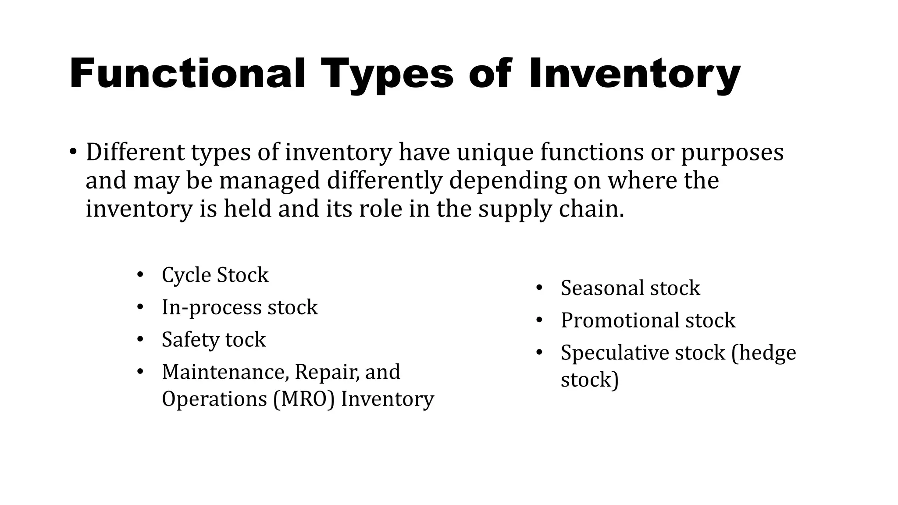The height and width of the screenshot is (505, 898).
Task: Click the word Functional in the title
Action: pos(187,74)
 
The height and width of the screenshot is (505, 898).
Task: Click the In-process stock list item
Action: pos(239,307)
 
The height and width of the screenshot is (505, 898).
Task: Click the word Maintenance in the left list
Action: pos(225,372)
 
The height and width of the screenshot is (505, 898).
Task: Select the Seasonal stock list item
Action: pos(630,288)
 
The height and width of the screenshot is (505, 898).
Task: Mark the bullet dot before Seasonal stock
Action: pos(539,288)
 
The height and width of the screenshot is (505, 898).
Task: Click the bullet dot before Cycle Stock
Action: pos(140,275)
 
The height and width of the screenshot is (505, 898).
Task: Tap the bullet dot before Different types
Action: pos(73,153)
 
